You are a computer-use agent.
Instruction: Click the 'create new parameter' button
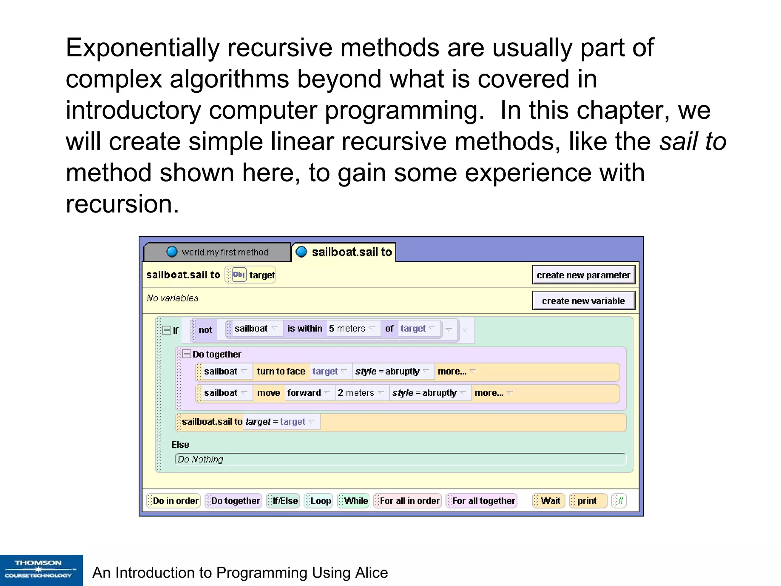(583, 275)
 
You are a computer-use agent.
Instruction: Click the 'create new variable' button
(583, 301)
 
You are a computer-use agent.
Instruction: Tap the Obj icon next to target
(239, 275)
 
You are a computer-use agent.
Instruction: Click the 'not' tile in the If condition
(205, 330)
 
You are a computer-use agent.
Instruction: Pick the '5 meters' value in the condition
(347, 328)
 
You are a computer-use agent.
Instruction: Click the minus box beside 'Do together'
(186, 354)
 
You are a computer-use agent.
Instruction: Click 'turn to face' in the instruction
(281, 371)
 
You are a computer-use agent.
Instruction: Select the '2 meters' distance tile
(356, 393)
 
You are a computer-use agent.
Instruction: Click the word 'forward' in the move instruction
(304, 393)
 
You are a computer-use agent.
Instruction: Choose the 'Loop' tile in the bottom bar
(320, 501)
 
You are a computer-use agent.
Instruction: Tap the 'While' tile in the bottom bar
(356, 501)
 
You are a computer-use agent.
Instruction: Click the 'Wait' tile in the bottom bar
(550, 501)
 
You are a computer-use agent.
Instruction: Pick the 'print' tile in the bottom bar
(587, 501)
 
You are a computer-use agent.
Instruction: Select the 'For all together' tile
(483, 501)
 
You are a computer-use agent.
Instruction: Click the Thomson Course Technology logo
(41, 570)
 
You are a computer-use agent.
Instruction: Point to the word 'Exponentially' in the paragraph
(143, 48)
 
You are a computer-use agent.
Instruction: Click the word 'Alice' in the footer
(371, 573)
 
